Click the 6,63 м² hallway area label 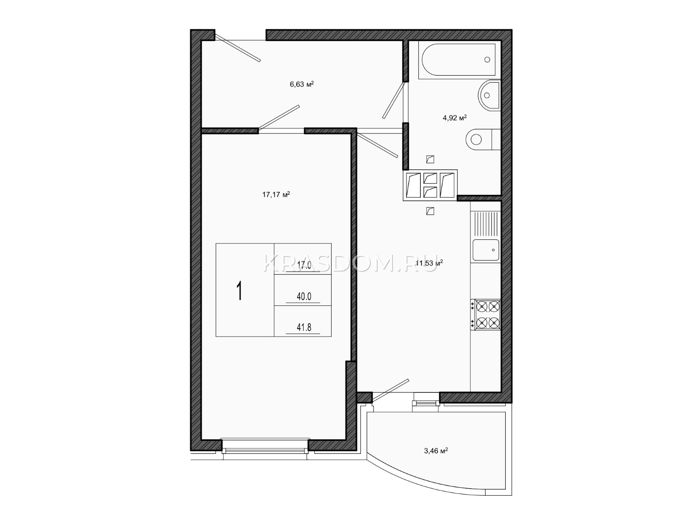click(302, 84)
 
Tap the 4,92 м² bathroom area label click(455, 118)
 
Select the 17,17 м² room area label click(276, 194)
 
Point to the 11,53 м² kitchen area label click(429, 263)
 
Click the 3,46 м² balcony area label click(436, 451)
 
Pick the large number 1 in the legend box click(239, 290)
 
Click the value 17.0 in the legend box click(304, 266)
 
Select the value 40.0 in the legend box click(304, 297)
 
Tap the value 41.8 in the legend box click(304, 327)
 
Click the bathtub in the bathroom click(458, 59)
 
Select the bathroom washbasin click(489, 95)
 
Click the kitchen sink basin click(486, 250)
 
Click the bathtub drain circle click(487, 59)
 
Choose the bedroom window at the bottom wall click(265, 447)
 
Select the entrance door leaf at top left click(238, 48)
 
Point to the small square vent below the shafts click(430, 211)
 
